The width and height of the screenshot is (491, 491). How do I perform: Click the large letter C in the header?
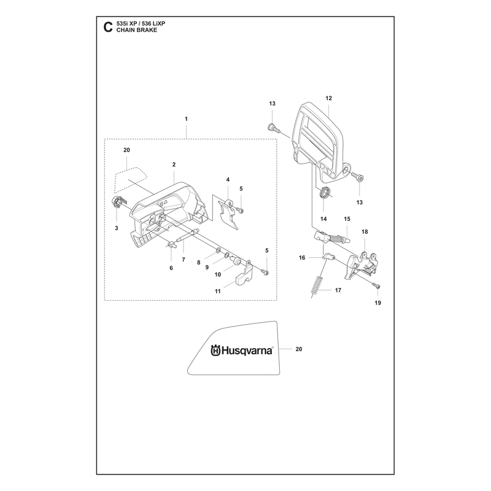108,27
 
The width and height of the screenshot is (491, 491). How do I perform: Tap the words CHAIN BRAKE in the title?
137,30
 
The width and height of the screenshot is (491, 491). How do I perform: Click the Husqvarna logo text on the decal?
242,350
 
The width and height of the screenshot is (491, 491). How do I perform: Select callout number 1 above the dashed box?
187,119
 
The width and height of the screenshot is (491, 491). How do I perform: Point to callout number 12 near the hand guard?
328,98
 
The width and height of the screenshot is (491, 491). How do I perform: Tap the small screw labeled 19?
376,285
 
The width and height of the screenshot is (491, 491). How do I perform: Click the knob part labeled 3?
117,201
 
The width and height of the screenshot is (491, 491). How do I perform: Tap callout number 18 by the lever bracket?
365,232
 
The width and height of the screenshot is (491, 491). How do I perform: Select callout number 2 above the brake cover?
174,164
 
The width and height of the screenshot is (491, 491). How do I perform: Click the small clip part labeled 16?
328,257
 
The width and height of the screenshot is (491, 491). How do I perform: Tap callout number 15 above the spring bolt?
347,219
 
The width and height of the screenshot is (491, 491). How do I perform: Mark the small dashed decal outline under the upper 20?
131,180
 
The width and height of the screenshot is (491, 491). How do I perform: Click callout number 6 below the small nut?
171,268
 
